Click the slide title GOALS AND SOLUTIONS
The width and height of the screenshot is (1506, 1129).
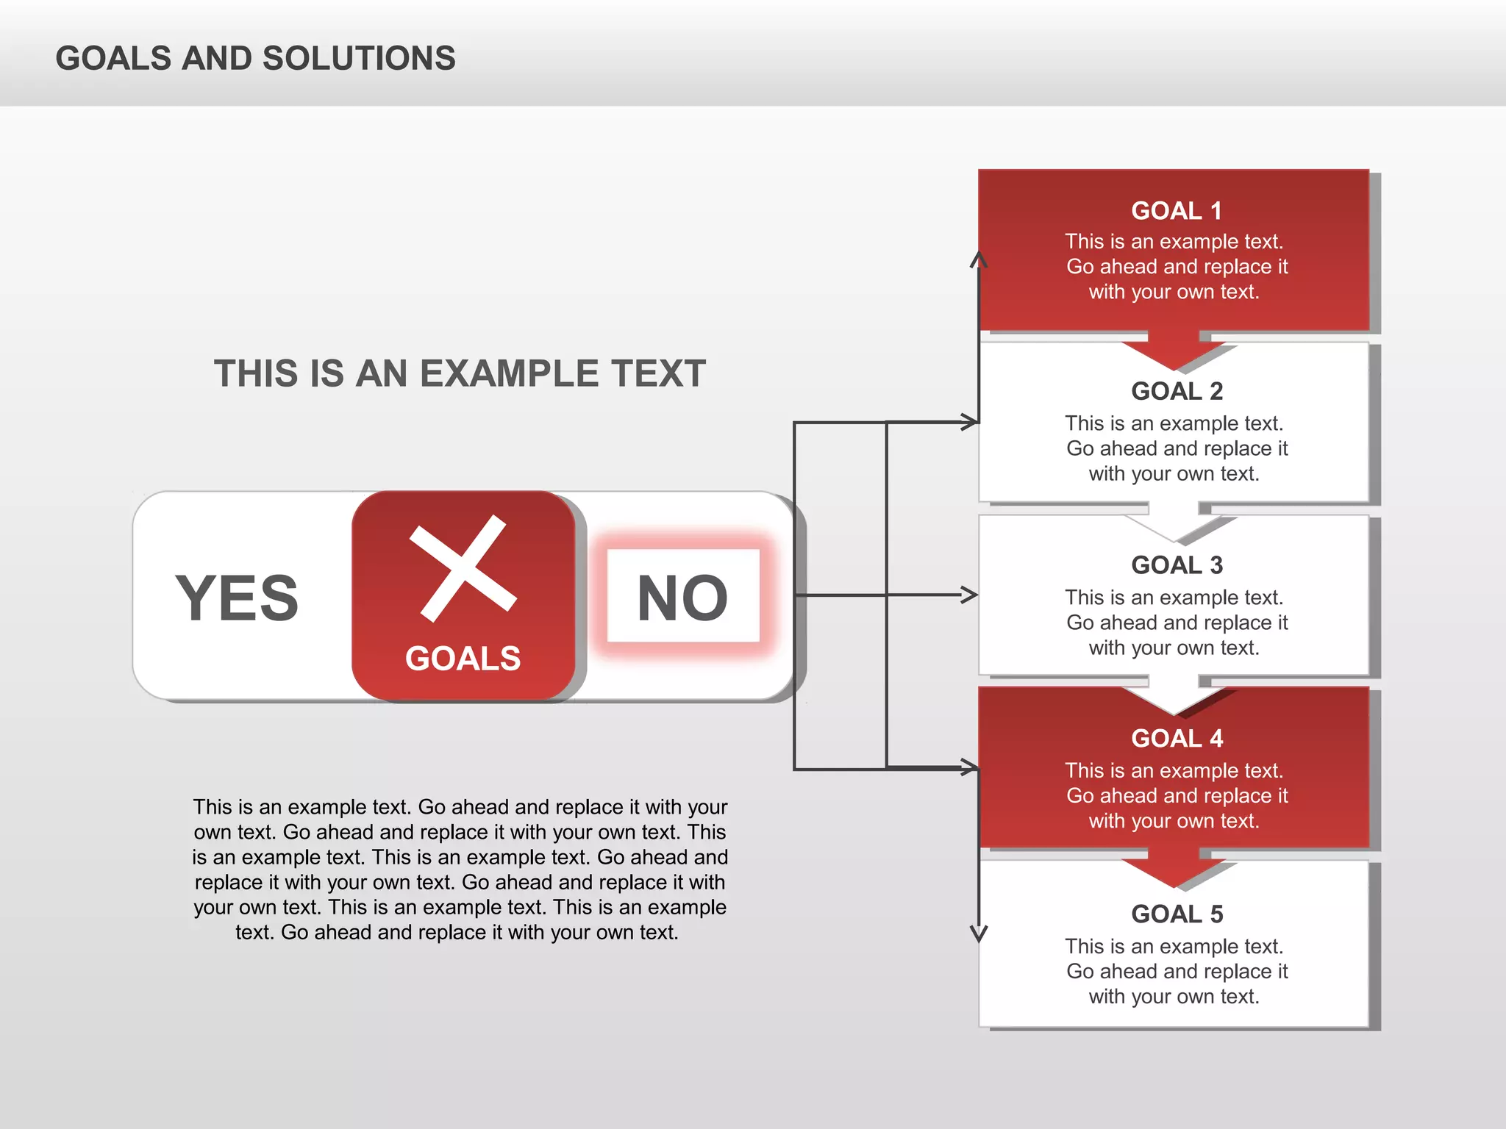(255, 59)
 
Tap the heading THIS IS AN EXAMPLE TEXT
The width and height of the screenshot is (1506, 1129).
(460, 373)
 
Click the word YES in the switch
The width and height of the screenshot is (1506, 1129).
(237, 598)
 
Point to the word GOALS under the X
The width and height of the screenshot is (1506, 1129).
(463, 659)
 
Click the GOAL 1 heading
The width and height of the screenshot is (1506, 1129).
(1176, 211)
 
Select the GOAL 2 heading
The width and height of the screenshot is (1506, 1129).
(1177, 391)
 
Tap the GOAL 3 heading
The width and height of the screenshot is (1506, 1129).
(1177, 565)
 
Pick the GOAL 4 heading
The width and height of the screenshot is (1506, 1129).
(1177, 738)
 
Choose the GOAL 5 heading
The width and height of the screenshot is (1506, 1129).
(1177, 914)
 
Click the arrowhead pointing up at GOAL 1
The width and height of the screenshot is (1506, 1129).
(979, 259)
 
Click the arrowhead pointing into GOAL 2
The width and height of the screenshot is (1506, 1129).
(970, 422)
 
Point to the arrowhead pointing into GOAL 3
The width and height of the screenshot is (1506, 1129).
(970, 595)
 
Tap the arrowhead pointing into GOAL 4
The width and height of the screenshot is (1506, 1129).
(970, 768)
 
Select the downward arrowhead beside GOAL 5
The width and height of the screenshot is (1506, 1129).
(979, 934)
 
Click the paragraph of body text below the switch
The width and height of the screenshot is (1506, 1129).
(460, 870)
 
